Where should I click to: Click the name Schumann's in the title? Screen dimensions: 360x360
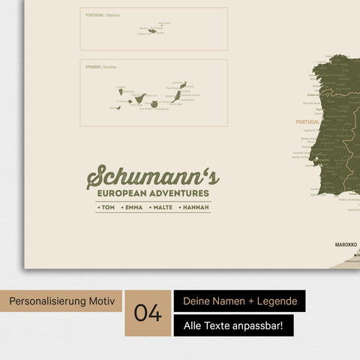[153, 178]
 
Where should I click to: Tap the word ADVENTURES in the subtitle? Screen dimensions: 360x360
[180, 193]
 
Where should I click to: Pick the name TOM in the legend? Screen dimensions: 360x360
[108, 207]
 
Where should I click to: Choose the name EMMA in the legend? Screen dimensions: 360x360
[133, 207]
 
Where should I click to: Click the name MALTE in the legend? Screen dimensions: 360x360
[162, 207]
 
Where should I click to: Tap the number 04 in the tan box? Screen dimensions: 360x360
[148, 313]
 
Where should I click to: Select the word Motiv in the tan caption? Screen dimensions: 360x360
[102, 301]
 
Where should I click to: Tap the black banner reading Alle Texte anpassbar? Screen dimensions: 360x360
[233, 325]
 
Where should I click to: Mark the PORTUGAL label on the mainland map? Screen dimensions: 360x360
[307, 121]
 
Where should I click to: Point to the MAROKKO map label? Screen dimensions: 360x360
[345, 244]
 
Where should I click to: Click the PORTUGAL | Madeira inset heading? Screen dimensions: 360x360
[103, 15]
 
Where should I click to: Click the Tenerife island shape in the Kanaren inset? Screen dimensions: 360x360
[139, 98]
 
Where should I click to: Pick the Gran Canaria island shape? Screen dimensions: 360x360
[154, 104]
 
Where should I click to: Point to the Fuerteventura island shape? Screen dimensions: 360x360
[177, 97]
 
